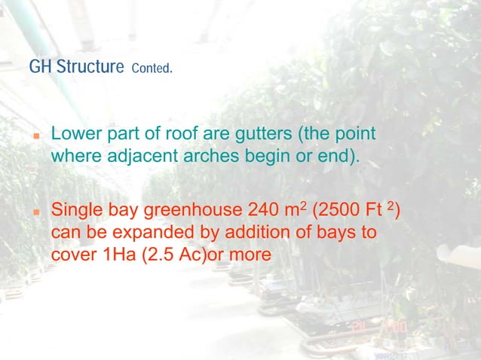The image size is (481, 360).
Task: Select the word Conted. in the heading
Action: coord(152,69)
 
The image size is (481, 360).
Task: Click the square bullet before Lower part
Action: coord(35,139)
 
